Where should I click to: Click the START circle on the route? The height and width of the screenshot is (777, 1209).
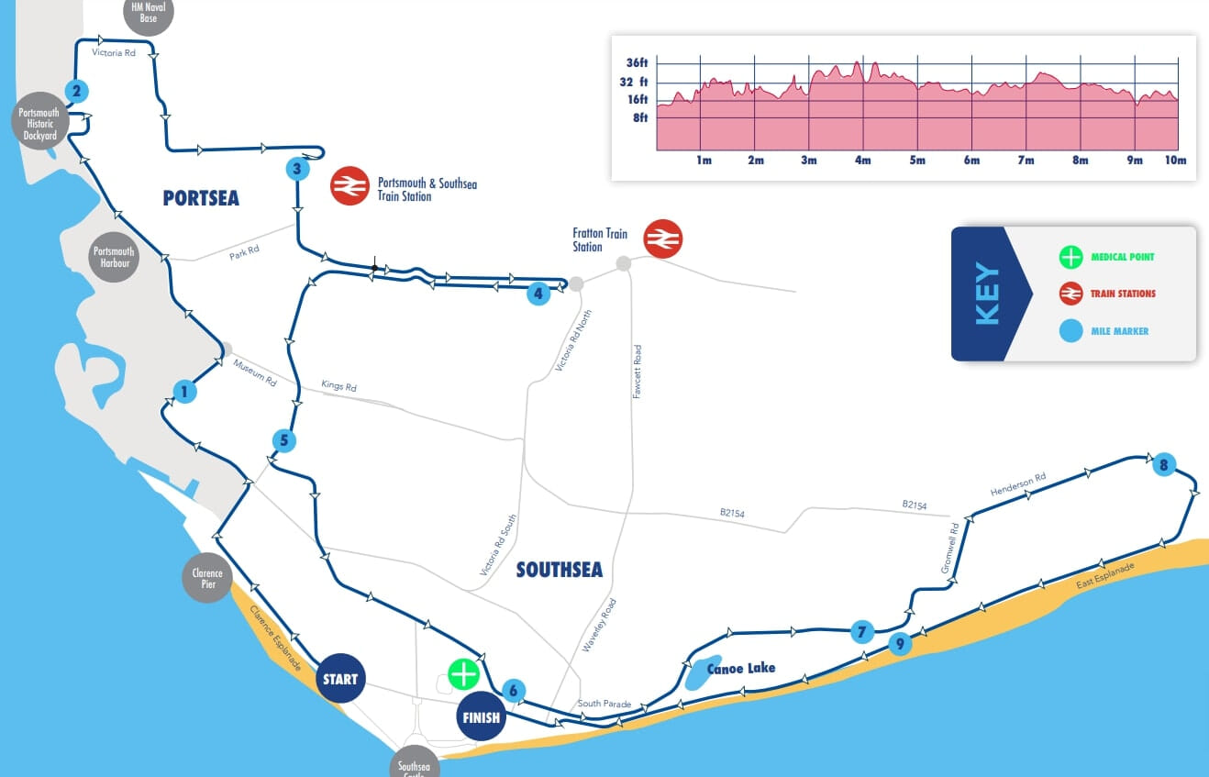pyautogui.click(x=340, y=680)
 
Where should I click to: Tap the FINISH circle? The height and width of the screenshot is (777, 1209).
pyautogui.click(x=481, y=716)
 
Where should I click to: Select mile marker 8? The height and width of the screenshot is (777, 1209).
pyautogui.click(x=1163, y=465)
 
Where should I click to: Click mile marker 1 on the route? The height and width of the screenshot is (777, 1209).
pyautogui.click(x=184, y=392)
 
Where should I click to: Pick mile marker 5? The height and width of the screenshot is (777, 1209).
pyautogui.click(x=284, y=441)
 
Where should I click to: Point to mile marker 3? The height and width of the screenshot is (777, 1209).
pyautogui.click(x=295, y=169)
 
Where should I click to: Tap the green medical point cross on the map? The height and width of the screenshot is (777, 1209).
pyautogui.click(x=463, y=674)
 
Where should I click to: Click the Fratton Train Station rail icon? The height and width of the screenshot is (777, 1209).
pyautogui.click(x=663, y=239)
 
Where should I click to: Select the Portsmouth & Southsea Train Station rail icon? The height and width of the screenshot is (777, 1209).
pyautogui.click(x=349, y=186)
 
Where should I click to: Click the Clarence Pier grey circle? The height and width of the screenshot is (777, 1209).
pyautogui.click(x=207, y=579)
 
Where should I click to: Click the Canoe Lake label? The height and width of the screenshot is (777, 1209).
pyautogui.click(x=741, y=668)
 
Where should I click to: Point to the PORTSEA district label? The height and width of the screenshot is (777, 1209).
pyautogui.click(x=201, y=198)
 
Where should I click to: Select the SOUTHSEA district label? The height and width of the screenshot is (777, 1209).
pyautogui.click(x=560, y=571)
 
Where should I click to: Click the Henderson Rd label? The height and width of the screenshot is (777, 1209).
pyautogui.click(x=1018, y=485)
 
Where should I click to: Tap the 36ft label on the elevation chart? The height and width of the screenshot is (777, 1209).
pyautogui.click(x=637, y=63)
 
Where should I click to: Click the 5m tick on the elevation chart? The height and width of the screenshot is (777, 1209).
pyautogui.click(x=917, y=161)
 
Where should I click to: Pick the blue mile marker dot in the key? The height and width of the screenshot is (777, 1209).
pyautogui.click(x=1070, y=330)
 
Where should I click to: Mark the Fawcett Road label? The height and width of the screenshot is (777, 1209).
pyautogui.click(x=637, y=371)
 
